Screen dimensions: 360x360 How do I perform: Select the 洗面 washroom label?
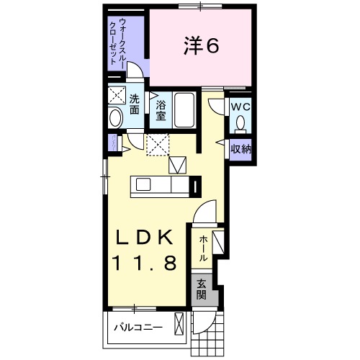(135, 105)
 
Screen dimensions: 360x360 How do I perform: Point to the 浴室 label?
(161, 112)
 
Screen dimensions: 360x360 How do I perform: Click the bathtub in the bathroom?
(186, 111)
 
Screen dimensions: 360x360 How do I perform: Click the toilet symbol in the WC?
(240, 123)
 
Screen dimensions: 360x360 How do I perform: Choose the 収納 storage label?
(240, 149)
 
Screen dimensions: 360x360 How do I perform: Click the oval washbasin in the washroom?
(115, 117)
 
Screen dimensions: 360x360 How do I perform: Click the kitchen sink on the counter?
(143, 185)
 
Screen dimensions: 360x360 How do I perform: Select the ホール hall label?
(204, 248)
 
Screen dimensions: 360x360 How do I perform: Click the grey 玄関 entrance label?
(202, 289)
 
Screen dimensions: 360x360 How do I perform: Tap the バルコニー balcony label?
(137, 328)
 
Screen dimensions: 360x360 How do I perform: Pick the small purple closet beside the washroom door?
(113, 143)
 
